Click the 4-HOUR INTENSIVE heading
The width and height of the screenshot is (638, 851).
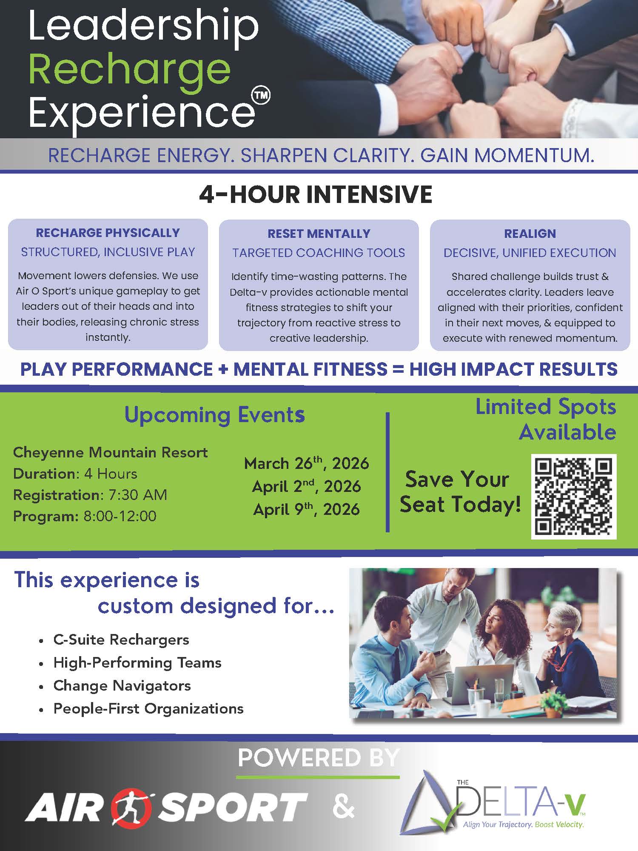click(x=316, y=194)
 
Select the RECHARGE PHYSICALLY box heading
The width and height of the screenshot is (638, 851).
click(x=108, y=233)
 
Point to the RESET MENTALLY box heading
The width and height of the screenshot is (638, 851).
click(x=319, y=234)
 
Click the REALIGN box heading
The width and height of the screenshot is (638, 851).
click(x=530, y=234)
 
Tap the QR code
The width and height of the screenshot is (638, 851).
click(x=574, y=497)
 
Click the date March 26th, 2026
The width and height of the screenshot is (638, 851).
click(x=306, y=463)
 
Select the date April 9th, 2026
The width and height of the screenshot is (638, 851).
click(x=306, y=509)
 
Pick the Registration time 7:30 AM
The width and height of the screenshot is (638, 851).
click(x=138, y=495)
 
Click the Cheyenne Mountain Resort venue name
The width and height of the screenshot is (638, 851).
click(x=110, y=452)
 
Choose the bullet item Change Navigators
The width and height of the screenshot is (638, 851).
click(x=122, y=685)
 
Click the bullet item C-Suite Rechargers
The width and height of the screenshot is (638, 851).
click(x=121, y=640)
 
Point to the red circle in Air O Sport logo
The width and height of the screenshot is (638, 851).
click(x=135, y=807)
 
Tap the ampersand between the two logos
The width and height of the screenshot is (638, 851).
click(x=344, y=807)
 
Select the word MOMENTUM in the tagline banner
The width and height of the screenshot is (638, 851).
click(x=534, y=156)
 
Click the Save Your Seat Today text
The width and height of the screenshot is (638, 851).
click(x=460, y=492)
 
